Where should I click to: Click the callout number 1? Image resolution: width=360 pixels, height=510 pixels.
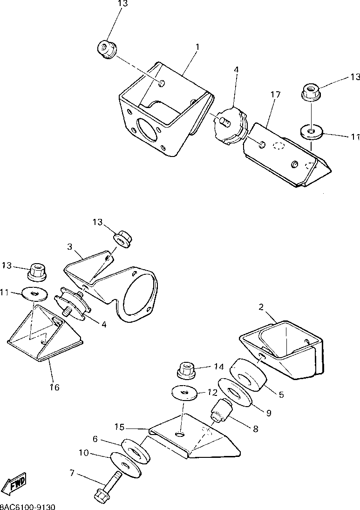(x=197, y=47)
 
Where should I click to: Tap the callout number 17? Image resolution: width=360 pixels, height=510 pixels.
(x=275, y=95)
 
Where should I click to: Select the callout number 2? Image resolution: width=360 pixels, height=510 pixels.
(x=261, y=307)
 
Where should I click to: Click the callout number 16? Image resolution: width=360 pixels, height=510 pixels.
(x=54, y=387)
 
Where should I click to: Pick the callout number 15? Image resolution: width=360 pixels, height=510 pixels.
(x=120, y=427)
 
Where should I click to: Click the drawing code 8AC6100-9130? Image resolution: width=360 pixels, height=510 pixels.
(x=28, y=506)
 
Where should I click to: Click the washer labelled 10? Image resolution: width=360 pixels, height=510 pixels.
(x=124, y=464)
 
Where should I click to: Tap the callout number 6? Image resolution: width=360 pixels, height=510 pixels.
(x=95, y=439)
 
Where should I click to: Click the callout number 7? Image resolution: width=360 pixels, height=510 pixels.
(x=72, y=474)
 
